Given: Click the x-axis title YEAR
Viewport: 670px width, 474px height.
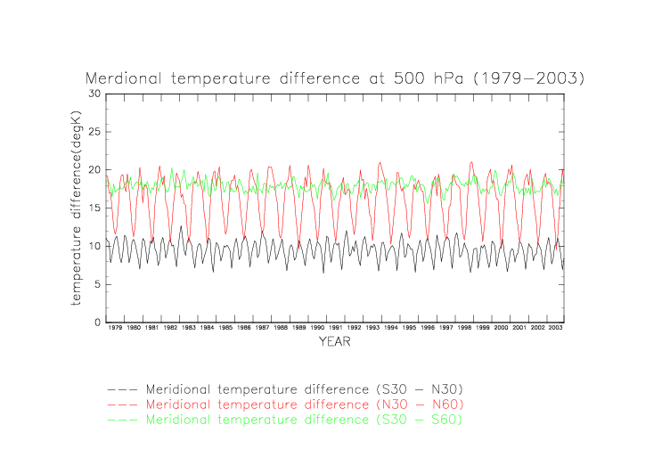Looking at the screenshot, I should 334,341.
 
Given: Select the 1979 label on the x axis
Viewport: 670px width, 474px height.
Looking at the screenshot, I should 115,329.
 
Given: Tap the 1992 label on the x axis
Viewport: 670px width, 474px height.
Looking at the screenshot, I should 354,329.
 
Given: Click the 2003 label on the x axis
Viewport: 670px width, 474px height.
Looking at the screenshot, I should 555,329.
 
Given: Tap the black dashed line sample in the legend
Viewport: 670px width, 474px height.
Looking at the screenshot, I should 123,389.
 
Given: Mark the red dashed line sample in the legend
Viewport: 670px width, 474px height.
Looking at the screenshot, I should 123,404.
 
